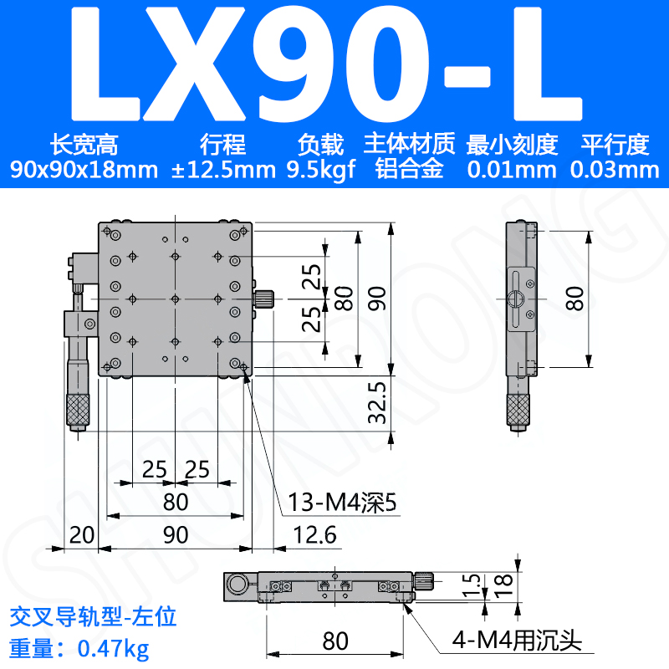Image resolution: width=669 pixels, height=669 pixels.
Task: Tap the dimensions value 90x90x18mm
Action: point(84,170)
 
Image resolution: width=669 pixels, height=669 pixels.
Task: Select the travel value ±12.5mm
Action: point(223,170)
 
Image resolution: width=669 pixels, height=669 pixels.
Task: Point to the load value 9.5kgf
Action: point(321,170)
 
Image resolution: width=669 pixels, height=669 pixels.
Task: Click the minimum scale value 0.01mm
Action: point(512,170)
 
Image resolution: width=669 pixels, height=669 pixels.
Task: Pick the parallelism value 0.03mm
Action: point(615,170)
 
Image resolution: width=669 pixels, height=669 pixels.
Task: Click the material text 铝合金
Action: point(410,170)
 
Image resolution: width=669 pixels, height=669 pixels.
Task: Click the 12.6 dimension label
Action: point(312,534)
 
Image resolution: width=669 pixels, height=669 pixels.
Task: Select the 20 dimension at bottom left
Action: point(82,534)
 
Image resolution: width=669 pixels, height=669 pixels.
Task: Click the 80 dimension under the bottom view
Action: point(335,641)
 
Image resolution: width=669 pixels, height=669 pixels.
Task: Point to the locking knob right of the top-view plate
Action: point(265,298)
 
